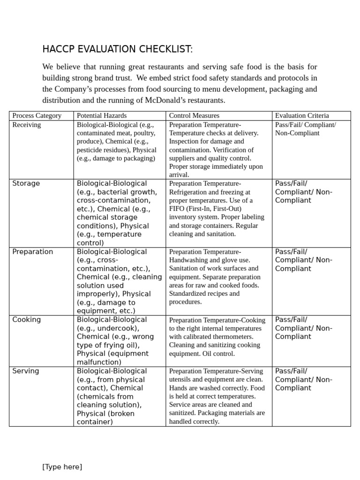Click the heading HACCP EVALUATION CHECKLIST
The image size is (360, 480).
pyautogui.click(x=117, y=49)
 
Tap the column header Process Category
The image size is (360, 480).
pyautogui.click(x=37, y=115)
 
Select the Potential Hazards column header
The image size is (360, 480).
pyautogui.click(x=102, y=115)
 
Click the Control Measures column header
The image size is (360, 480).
pyautogui.click(x=194, y=115)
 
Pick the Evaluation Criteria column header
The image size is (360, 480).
pyautogui.click(x=302, y=115)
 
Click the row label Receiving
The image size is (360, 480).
pyautogui.click(x=26, y=125)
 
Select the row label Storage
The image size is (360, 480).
pyautogui.click(x=26, y=183)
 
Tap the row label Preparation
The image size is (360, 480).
pyautogui.click(x=33, y=252)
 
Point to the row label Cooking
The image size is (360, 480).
pyautogui.click(x=26, y=320)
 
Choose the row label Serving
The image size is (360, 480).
pyautogui.click(x=25, y=371)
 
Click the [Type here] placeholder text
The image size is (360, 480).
pyautogui.click(x=62, y=466)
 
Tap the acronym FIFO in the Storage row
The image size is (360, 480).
pyautogui.click(x=178, y=209)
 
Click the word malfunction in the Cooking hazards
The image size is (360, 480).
pyautogui.click(x=99, y=362)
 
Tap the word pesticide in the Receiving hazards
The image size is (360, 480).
pyautogui.click(x=91, y=150)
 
